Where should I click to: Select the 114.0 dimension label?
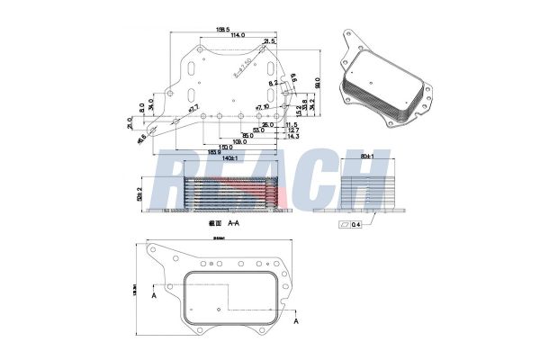(x=239, y=36)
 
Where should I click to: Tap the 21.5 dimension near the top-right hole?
(x=268, y=41)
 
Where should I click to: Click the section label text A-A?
(x=233, y=220)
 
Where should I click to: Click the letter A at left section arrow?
(x=156, y=294)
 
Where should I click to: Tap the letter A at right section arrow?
(x=296, y=319)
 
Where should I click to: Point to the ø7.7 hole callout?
(x=193, y=108)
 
